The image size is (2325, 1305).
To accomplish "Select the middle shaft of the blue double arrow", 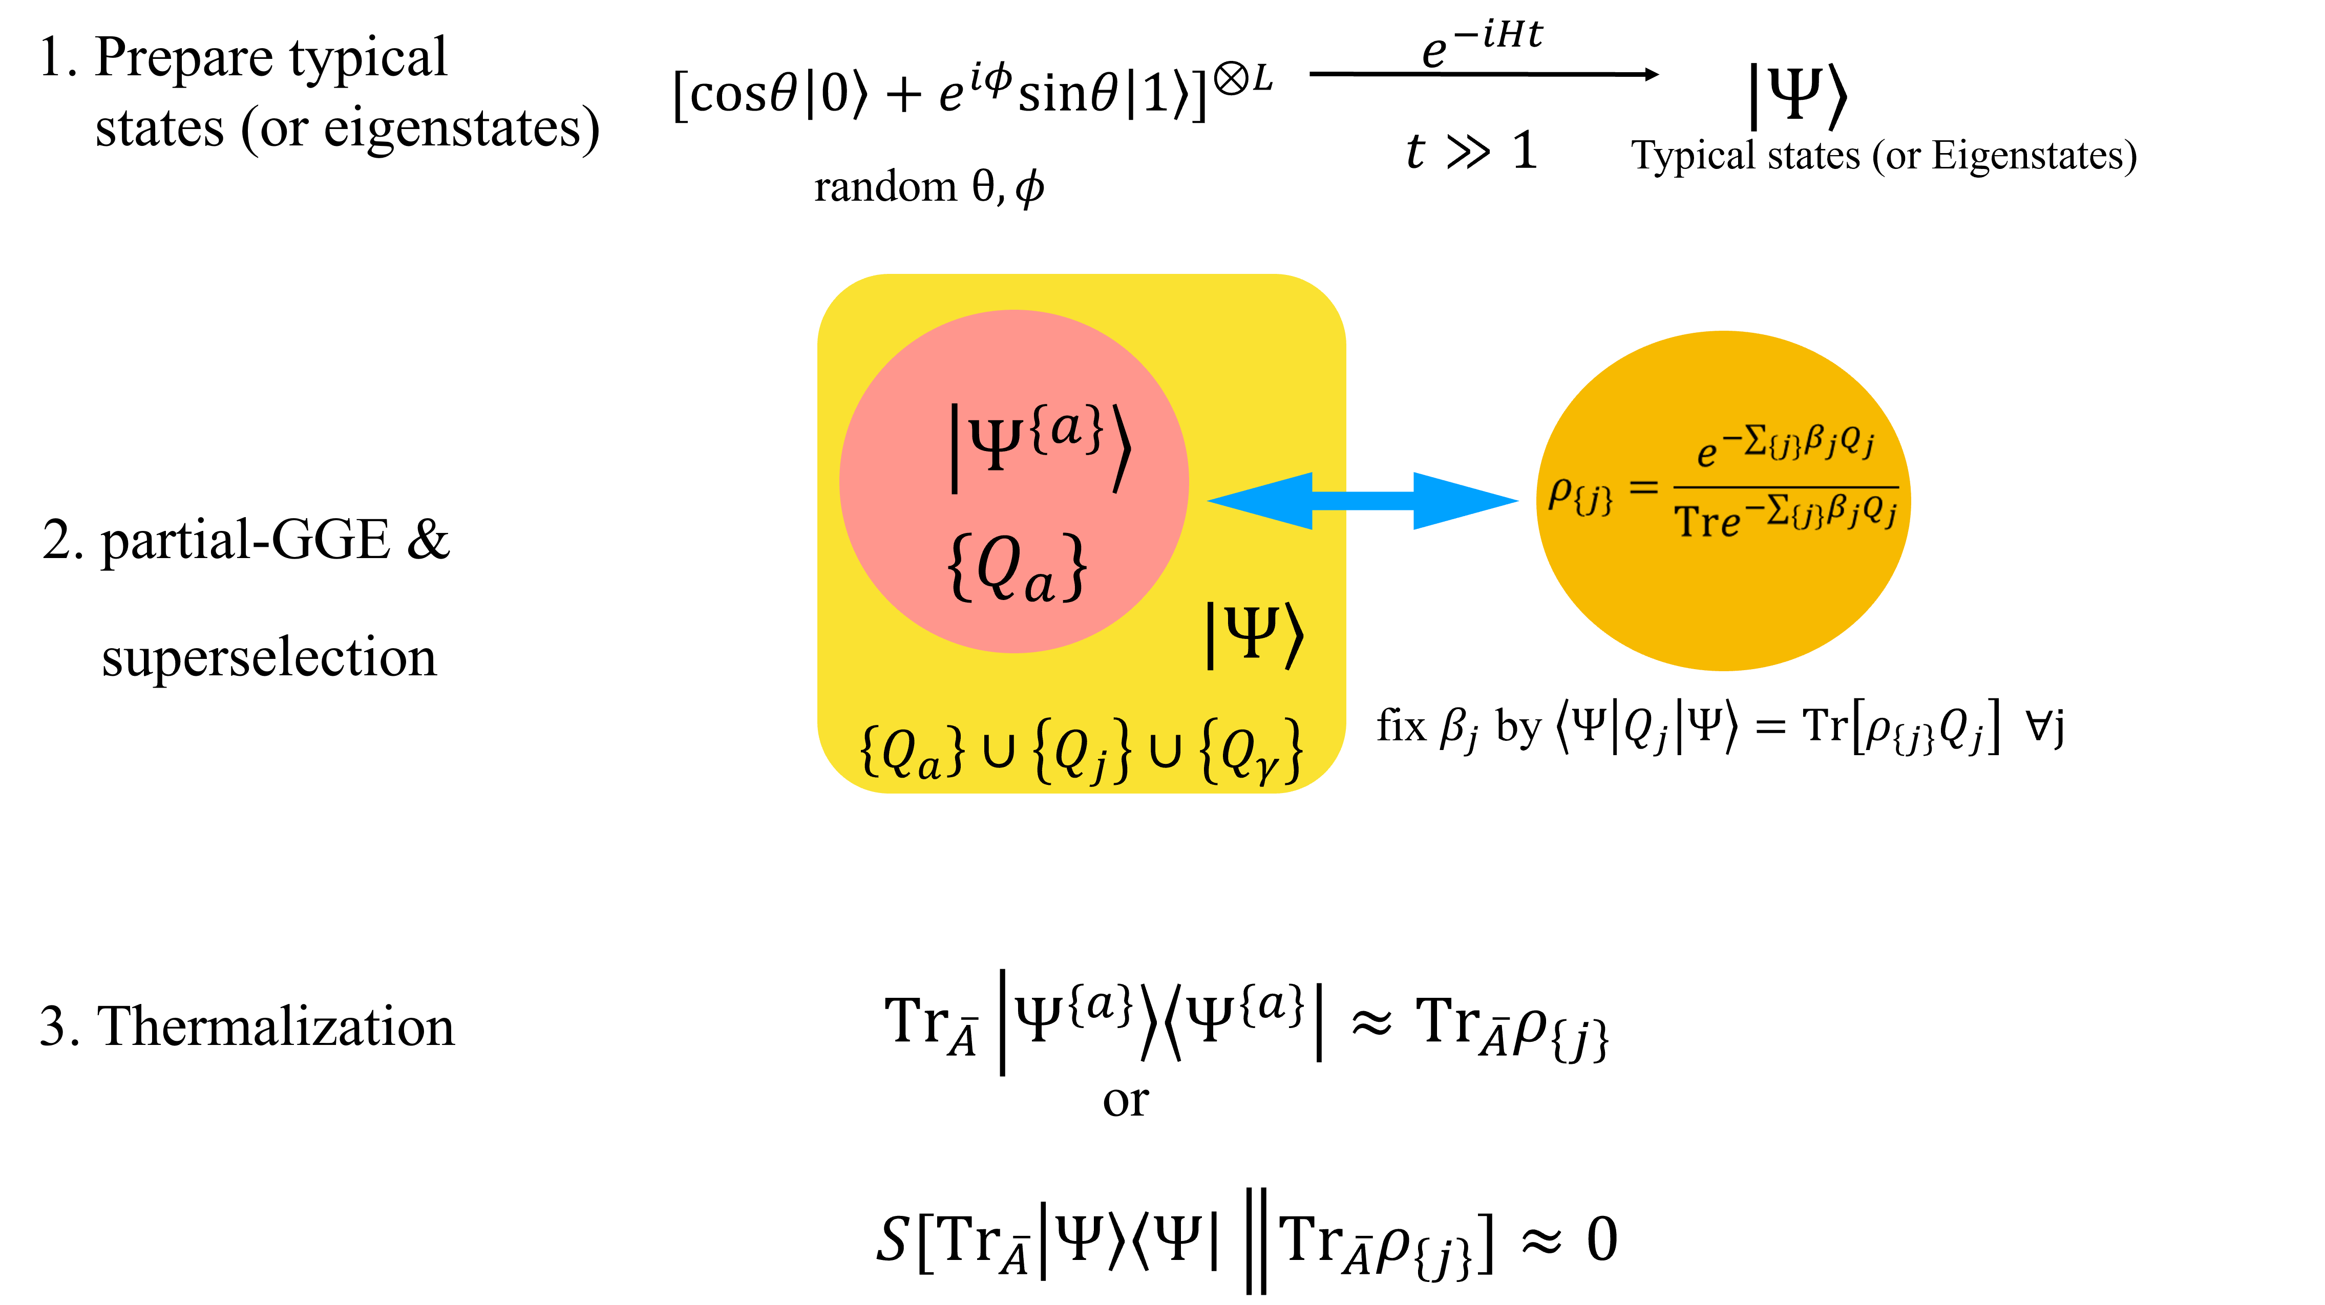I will coord(1363,501).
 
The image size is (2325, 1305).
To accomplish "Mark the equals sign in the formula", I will coord(1643,488).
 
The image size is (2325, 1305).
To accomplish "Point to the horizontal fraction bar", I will coord(1785,487).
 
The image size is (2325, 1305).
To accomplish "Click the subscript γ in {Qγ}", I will coord(1267,767).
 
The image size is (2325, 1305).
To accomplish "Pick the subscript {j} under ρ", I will coord(1594,501).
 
